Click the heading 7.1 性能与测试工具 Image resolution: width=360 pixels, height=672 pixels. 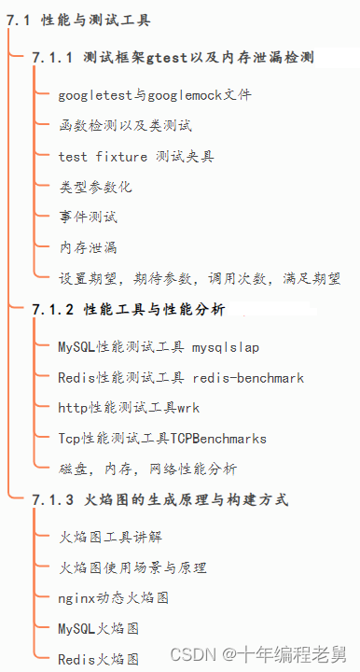[x=78, y=20]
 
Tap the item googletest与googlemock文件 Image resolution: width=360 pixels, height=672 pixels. [x=154, y=94]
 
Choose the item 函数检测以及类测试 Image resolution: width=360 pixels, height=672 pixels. [x=125, y=125]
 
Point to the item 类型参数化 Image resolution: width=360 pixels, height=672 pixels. [x=95, y=187]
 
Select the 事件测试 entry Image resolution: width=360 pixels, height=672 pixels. [x=88, y=217]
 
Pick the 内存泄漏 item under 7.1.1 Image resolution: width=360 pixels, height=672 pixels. [x=88, y=247]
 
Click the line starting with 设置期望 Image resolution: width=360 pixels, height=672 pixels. [x=199, y=278]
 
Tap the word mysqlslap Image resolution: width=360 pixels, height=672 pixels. [x=226, y=347]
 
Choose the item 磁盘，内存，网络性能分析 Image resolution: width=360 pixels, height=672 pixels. [x=147, y=469]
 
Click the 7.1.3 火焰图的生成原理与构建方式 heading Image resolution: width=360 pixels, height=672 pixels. [x=159, y=499]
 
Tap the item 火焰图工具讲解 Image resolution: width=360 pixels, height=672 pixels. [x=110, y=538]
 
